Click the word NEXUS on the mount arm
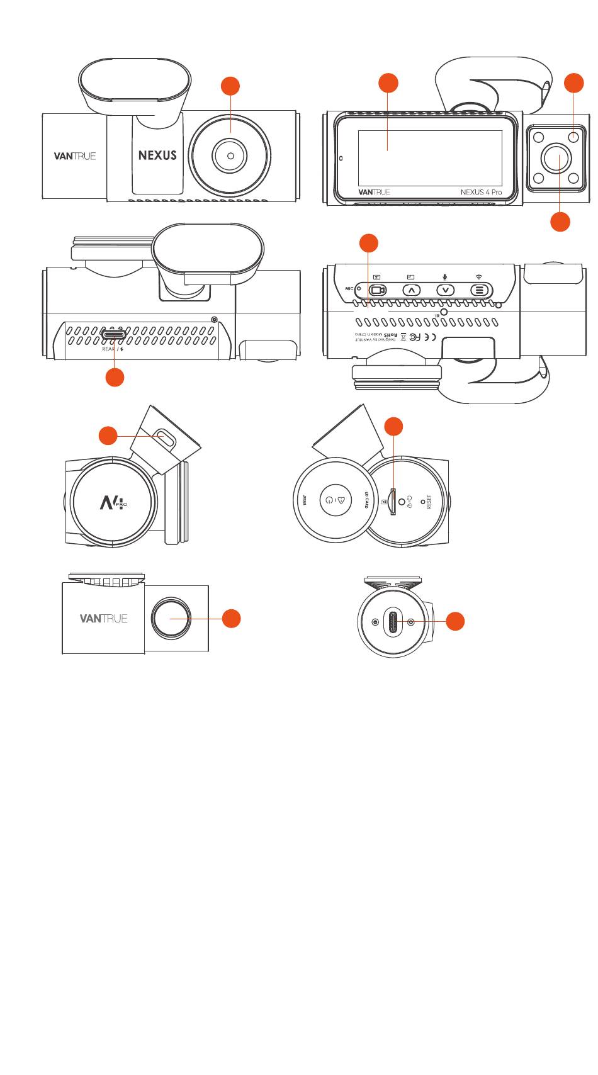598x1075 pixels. click(x=157, y=155)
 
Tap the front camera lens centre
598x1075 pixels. click(x=231, y=155)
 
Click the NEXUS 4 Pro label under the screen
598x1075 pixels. click(x=481, y=192)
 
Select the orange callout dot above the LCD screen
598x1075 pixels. click(x=388, y=83)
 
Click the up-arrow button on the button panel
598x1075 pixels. click(x=411, y=290)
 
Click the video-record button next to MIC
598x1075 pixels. click(x=378, y=290)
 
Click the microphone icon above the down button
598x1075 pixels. click(x=445, y=277)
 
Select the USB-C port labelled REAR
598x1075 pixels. click(x=113, y=332)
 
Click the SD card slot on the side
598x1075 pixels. click(x=393, y=501)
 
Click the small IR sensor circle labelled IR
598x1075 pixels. click(x=444, y=312)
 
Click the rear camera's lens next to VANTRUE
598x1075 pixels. click(x=170, y=619)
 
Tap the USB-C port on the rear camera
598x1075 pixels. click(x=393, y=621)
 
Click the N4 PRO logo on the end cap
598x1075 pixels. click(x=113, y=502)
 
